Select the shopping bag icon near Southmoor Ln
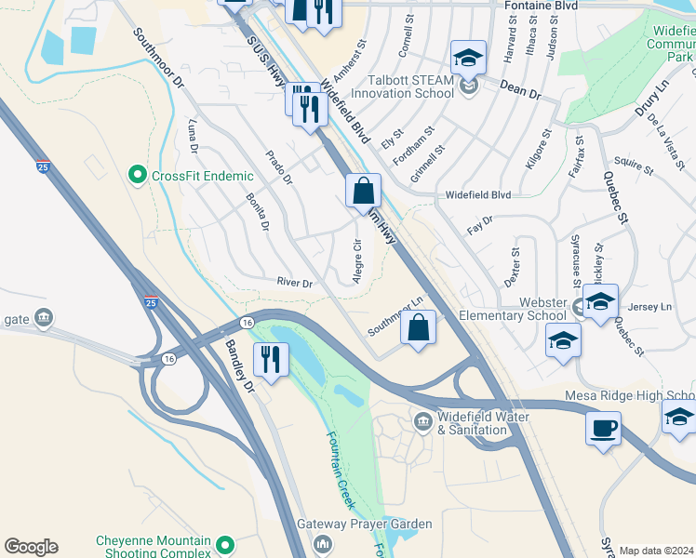pos(419,327)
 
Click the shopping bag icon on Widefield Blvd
pos(363,192)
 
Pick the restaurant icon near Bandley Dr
pos(271,359)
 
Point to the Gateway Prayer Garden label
pos(364,525)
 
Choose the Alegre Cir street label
pos(356,263)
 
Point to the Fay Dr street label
pos(480,224)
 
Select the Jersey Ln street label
pos(650,307)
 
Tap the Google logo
pos(31,547)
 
